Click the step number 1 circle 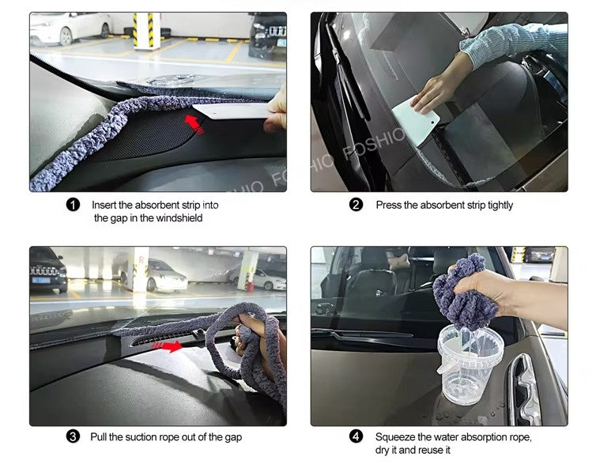coord(74,206)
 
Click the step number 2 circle coord(357,206)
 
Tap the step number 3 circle coord(74,437)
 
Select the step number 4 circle coord(357,437)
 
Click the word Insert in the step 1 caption coord(105,206)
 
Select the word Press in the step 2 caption coord(389,206)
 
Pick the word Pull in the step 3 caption coord(98,437)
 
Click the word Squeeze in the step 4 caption coord(394,437)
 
